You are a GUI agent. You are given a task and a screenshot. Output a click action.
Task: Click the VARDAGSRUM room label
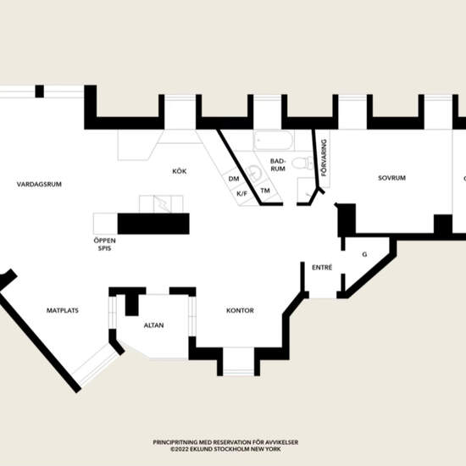(x=39, y=184)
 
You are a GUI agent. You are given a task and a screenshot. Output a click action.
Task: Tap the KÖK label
(x=180, y=171)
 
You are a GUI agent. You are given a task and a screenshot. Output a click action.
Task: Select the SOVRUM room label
(x=391, y=178)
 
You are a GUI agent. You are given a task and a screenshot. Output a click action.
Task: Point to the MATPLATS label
(x=63, y=311)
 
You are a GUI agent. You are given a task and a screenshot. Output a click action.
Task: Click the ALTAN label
(x=153, y=325)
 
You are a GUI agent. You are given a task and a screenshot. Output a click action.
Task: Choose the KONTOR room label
(x=240, y=311)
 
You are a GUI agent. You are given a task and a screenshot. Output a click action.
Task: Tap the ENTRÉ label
(x=322, y=268)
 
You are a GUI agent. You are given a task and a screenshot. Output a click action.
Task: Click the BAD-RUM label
(x=278, y=165)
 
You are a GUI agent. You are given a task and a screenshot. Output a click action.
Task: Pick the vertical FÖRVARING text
(x=324, y=158)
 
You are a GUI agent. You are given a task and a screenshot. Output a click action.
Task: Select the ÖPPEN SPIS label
(x=104, y=244)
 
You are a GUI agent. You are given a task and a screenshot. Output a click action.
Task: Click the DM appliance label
(x=234, y=179)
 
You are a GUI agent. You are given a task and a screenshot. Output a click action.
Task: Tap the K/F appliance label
(x=242, y=194)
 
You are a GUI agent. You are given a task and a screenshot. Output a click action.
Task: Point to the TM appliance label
(x=265, y=191)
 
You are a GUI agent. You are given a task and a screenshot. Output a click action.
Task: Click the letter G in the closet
(x=364, y=254)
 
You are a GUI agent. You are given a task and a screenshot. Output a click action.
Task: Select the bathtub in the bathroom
(x=274, y=140)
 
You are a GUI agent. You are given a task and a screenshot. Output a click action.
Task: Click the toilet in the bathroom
(x=302, y=163)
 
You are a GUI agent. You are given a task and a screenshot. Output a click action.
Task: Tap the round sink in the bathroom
(x=253, y=172)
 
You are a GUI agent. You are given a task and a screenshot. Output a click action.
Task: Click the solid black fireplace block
(x=153, y=224)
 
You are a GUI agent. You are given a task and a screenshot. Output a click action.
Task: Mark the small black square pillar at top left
(x=40, y=92)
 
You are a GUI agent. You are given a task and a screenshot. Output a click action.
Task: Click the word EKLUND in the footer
(x=198, y=449)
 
